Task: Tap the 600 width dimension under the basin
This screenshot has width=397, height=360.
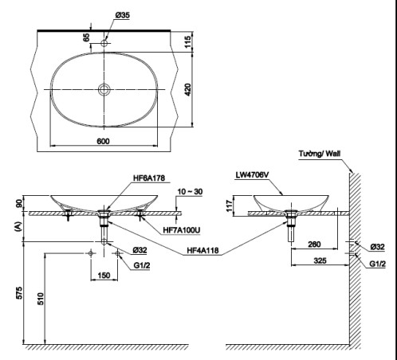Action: pos(103,141)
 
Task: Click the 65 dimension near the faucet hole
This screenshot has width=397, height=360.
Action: pos(87,37)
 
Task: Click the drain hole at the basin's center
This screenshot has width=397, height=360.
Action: pos(103,88)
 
